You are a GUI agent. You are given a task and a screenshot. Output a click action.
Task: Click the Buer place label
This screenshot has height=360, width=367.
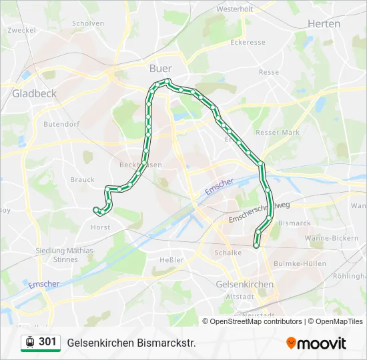pyautogui.click(x=161, y=68)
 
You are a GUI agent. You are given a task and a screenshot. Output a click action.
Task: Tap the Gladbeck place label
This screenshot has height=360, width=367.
pyautogui.click(x=34, y=93)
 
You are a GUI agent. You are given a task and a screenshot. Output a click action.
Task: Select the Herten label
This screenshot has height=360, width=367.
pyautogui.click(x=324, y=23)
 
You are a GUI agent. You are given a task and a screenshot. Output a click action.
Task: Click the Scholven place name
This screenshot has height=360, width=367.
pyautogui.click(x=88, y=23)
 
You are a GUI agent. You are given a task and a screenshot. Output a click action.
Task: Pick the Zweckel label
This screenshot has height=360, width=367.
pyautogui.click(x=22, y=30)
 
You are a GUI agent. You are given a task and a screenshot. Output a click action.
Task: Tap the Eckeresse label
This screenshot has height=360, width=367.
pyautogui.click(x=248, y=41)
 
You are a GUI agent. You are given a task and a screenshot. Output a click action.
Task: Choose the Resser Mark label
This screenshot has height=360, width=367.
pyautogui.click(x=278, y=133)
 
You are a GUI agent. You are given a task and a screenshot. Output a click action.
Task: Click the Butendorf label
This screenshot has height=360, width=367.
pyautogui.click(x=61, y=124)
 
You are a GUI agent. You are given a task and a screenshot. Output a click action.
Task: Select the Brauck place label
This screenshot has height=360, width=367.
pyautogui.click(x=82, y=179)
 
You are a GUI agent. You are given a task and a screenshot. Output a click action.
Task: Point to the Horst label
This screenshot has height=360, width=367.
pyautogui.click(x=101, y=227)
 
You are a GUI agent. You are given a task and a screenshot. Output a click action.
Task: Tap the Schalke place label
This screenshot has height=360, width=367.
pyautogui.click(x=228, y=253)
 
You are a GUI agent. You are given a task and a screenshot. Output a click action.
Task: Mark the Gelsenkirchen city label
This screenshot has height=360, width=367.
pyautogui.click(x=246, y=284)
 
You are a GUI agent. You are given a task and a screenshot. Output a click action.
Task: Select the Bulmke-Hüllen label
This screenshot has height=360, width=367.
pyautogui.click(x=300, y=263)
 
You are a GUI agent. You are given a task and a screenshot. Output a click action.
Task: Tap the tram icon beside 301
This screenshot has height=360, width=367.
pyautogui.click(x=30, y=342)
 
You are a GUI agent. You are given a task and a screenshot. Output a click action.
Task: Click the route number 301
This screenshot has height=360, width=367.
pyautogui.click(x=47, y=342)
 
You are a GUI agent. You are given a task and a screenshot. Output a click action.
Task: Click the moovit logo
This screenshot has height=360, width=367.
pyautogui.click(x=316, y=343)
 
